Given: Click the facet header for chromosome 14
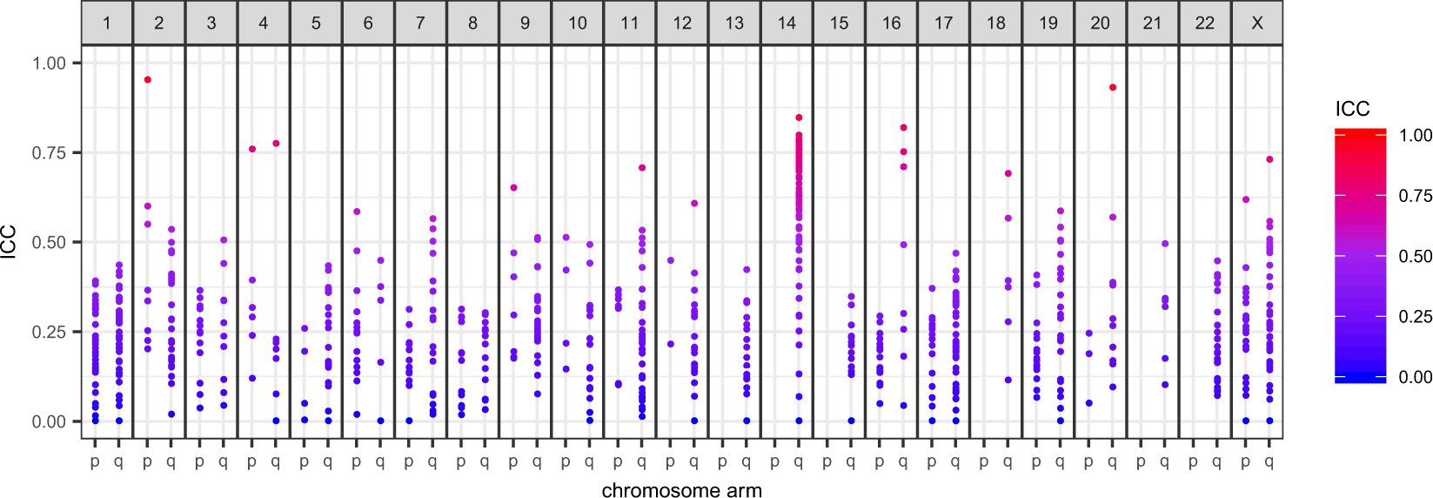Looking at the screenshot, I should click(787, 23).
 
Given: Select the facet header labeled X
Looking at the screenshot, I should click(1257, 23).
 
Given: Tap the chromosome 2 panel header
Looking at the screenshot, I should click(159, 23).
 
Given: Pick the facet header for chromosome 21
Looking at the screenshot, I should click(1153, 23).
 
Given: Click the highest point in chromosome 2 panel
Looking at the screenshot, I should click(148, 80).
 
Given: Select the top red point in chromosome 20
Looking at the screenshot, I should click(1113, 88).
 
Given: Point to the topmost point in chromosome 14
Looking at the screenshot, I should click(799, 118).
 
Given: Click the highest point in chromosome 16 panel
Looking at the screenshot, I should click(904, 128).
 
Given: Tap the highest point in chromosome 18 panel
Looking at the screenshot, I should click(1008, 174).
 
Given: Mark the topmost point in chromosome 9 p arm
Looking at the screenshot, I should click(513, 188).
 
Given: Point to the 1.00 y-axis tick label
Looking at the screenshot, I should click(49, 64).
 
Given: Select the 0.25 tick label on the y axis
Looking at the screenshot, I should click(49, 333).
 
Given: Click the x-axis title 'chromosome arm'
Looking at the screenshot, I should click(681, 490).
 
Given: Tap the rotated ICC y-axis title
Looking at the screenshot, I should click(10, 242).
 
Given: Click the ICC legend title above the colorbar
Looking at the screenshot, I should click(1352, 109).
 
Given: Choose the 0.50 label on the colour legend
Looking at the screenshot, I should click(1415, 257).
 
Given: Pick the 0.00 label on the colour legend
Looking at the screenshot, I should click(1415, 377).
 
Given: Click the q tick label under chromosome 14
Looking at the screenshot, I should click(799, 462).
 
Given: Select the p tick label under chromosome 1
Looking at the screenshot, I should click(95, 462).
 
